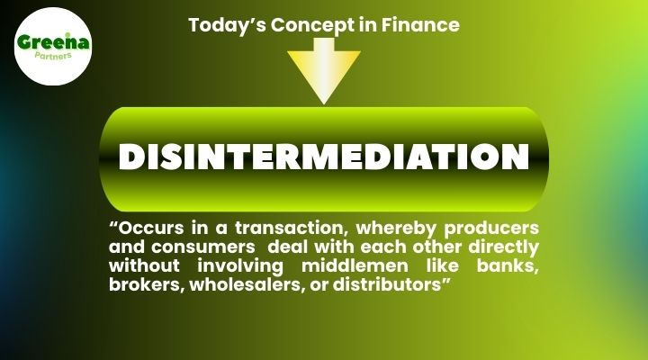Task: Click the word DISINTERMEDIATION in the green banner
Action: (323, 157)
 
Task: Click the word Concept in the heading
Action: (307, 25)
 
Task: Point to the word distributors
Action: (391, 286)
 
